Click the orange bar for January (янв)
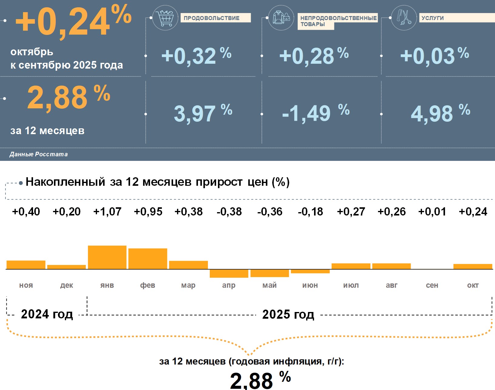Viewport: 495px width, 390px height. [x=107, y=257]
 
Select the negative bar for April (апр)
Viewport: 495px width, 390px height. [x=229, y=273]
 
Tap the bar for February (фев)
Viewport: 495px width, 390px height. [x=148, y=259]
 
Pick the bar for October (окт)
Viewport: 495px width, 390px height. [x=473, y=266]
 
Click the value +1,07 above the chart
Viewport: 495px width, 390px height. [x=107, y=212]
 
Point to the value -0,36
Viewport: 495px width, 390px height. [x=270, y=212]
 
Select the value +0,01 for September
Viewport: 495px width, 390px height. [x=432, y=212]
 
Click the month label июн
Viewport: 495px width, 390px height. [x=310, y=285]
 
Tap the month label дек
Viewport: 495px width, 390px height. [x=67, y=285]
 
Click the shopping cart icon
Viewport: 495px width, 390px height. [x=165, y=18]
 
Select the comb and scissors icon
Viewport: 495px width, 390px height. [x=404, y=18]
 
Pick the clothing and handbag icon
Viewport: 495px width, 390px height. [x=281, y=18]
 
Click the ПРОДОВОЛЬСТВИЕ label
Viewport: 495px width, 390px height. [x=216, y=18]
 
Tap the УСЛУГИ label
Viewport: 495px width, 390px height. [x=433, y=18]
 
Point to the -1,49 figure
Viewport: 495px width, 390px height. [x=306, y=114]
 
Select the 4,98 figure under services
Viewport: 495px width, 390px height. [x=432, y=114]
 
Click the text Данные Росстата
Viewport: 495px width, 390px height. [x=38, y=154]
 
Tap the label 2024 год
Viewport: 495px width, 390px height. [x=47, y=314]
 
